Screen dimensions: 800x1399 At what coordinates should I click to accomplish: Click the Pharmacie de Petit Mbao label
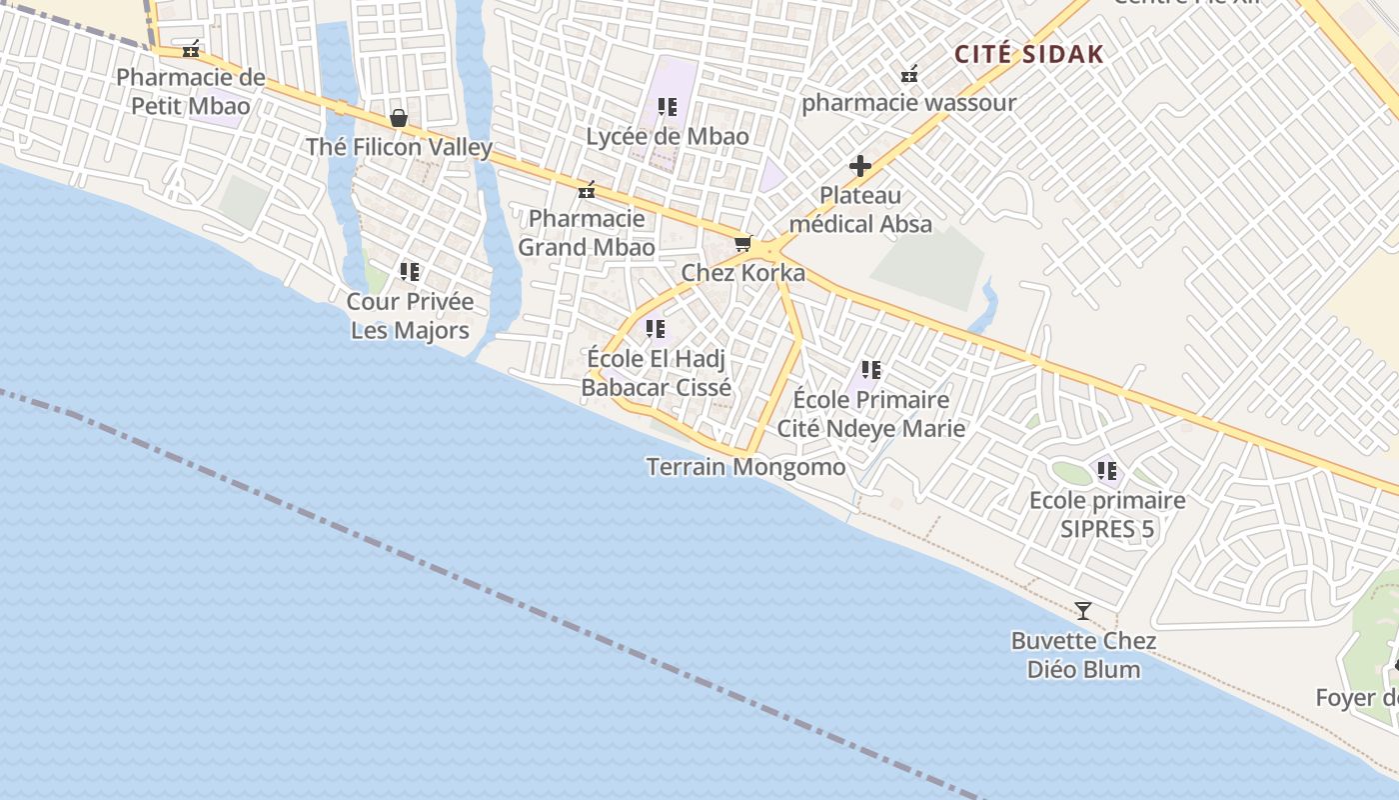click(x=191, y=91)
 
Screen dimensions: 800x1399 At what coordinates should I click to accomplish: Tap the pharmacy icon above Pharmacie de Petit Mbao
click(x=191, y=49)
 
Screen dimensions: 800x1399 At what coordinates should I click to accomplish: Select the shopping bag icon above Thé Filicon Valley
click(x=399, y=119)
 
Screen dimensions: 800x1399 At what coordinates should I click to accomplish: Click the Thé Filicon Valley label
click(x=399, y=147)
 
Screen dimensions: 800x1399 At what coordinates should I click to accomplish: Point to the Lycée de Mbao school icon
click(x=668, y=107)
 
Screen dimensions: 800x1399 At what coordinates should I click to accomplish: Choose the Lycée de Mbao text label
click(x=668, y=136)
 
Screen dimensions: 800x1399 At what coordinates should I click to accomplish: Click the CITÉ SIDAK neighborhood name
click(x=1029, y=54)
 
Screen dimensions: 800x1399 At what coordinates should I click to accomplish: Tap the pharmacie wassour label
click(x=908, y=102)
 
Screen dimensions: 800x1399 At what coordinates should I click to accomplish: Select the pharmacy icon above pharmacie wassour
click(x=909, y=74)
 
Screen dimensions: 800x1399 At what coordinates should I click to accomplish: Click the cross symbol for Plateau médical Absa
click(x=860, y=166)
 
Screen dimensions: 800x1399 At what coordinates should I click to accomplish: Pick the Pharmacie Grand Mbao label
click(x=587, y=232)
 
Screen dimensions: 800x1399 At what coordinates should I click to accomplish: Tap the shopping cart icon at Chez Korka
click(x=742, y=244)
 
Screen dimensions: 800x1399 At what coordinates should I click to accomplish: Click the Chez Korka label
click(x=742, y=272)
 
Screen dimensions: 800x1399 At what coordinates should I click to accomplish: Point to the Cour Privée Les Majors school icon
click(x=410, y=271)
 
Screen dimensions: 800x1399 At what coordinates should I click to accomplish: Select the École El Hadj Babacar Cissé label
click(x=657, y=372)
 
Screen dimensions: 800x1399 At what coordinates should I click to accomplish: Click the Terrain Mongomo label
click(x=745, y=466)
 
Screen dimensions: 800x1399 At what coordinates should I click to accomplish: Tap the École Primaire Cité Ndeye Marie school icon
click(x=871, y=371)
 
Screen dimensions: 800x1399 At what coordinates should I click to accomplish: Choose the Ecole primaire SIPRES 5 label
click(x=1107, y=514)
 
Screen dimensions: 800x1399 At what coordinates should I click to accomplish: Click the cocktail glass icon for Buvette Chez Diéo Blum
click(x=1083, y=611)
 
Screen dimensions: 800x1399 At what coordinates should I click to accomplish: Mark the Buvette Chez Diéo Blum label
click(x=1084, y=655)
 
